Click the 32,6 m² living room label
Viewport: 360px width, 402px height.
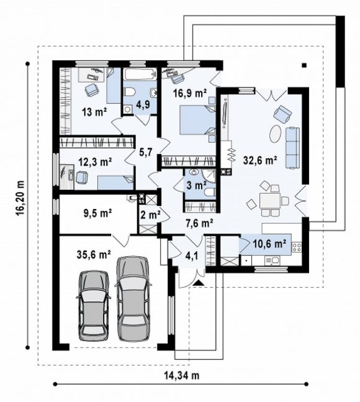(x=260, y=160)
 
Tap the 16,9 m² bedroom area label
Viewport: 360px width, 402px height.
(x=190, y=93)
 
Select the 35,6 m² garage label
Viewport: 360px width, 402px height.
(x=94, y=254)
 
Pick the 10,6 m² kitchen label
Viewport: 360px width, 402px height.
(x=269, y=244)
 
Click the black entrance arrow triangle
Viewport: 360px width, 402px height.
(x=199, y=283)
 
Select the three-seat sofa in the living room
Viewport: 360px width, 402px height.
(x=293, y=148)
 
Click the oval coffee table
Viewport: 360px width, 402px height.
(x=275, y=133)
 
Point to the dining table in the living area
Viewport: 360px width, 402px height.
(x=269, y=200)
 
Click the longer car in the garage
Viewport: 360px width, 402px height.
(x=133, y=298)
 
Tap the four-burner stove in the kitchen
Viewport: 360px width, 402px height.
(x=297, y=247)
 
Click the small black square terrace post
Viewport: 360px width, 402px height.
(x=304, y=65)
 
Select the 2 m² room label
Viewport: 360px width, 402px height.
(x=150, y=214)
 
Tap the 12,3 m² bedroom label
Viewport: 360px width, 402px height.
(x=95, y=162)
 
